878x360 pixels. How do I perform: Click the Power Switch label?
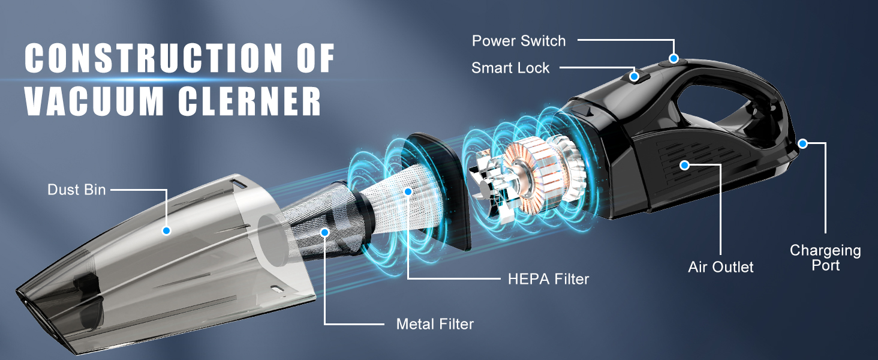click(519, 41)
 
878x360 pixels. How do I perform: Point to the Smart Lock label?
click(510, 68)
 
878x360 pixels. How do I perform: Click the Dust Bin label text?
click(77, 190)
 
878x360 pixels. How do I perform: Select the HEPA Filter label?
click(548, 278)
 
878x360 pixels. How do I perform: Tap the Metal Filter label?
click(435, 324)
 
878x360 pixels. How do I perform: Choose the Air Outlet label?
click(720, 267)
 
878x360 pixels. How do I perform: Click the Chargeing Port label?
click(825, 257)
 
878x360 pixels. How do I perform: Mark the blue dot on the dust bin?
click(167, 230)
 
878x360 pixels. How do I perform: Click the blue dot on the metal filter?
click(324, 231)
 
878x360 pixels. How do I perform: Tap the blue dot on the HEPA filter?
click(408, 191)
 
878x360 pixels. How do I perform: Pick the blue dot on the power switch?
click(674, 59)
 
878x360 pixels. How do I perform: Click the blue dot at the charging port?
click(802, 143)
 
